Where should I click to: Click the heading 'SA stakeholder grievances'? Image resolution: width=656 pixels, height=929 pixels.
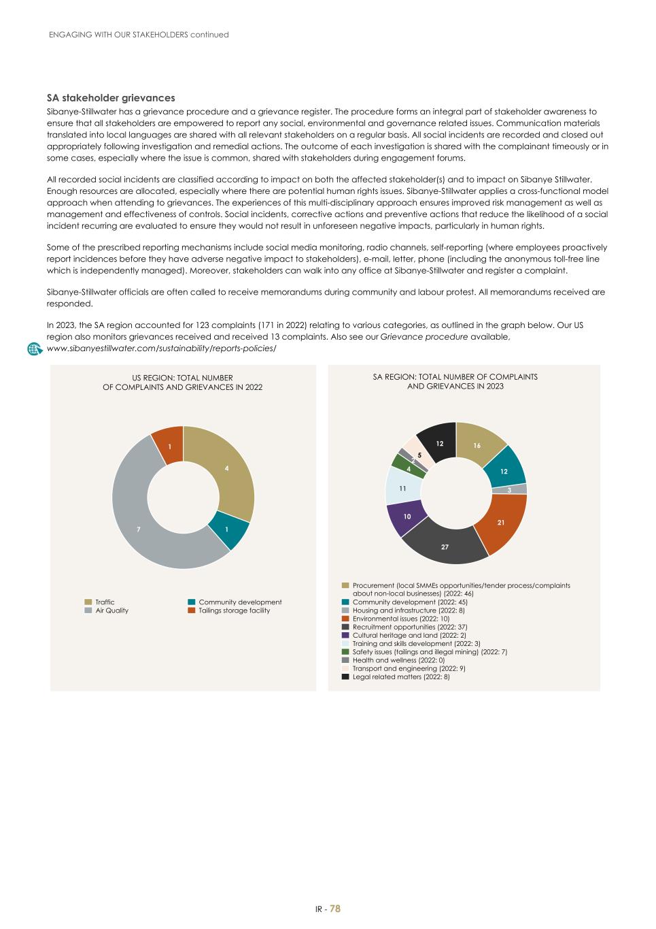click(111, 98)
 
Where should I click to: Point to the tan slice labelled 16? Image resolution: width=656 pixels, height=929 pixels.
click(478, 446)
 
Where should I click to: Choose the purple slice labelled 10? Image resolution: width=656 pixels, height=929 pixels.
click(407, 517)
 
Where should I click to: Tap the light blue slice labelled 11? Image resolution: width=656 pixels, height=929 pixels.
click(402, 487)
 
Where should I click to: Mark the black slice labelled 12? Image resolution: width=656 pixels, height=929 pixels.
click(439, 444)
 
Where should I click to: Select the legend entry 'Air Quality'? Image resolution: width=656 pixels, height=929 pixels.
click(111, 610)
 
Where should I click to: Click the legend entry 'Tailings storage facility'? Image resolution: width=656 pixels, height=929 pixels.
click(234, 610)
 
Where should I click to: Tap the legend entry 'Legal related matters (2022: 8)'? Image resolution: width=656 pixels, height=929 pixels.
click(400, 677)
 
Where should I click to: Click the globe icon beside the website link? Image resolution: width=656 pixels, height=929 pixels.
click(35, 348)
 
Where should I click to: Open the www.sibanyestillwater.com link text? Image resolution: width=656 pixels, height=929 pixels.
click(161, 348)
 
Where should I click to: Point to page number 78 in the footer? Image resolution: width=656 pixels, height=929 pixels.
click(335, 909)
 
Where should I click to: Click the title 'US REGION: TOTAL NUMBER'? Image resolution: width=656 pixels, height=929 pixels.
click(182, 378)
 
